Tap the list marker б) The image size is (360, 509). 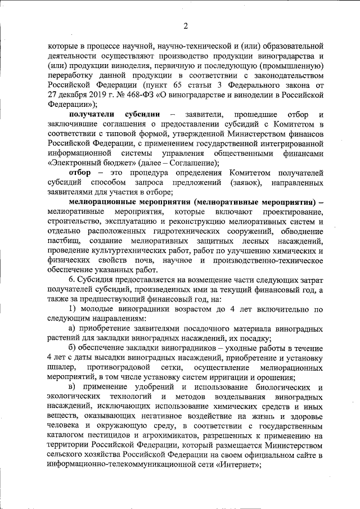point(73,349)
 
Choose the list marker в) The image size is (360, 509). point(73,388)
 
